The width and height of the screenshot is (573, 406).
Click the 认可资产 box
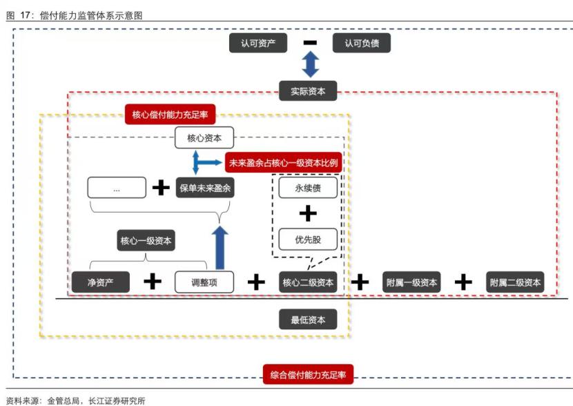click(258, 43)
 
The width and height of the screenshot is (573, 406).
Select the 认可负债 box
click(362, 43)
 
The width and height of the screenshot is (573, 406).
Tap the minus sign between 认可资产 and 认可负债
click(310, 43)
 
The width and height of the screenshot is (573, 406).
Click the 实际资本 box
click(308, 90)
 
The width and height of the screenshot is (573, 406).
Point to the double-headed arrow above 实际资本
click(310, 65)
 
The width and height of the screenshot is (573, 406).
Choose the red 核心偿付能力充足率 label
click(170, 114)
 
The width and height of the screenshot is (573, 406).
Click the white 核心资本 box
click(204, 138)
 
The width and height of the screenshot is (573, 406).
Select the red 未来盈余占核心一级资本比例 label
click(283, 162)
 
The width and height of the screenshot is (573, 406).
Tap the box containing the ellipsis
click(117, 188)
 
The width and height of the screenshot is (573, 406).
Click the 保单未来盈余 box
click(205, 188)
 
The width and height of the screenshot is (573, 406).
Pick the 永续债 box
click(308, 187)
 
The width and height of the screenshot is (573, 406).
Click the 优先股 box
click(308, 239)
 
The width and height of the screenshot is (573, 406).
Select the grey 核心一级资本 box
click(146, 241)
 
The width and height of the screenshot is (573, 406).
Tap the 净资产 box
click(101, 282)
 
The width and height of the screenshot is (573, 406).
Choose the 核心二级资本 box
click(308, 282)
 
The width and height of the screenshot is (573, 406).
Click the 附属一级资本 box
click(411, 282)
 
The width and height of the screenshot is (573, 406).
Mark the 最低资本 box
click(308, 320)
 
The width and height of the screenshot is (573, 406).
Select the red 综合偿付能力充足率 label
click(308, 376)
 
